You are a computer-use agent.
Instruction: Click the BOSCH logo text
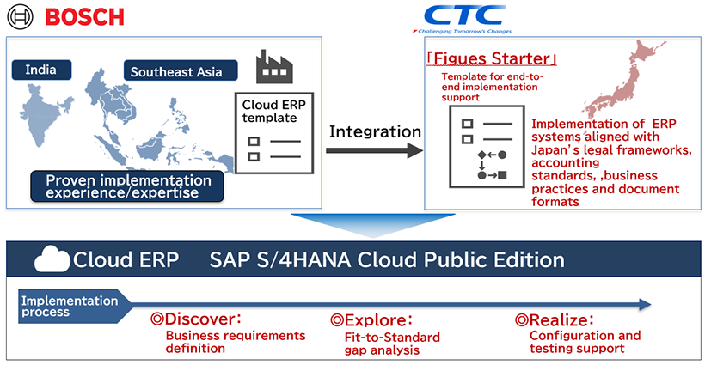[x=84, y=16]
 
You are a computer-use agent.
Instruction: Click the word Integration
[x=376, y=131]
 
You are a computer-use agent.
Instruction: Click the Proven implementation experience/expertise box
[x=127, y=187]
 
